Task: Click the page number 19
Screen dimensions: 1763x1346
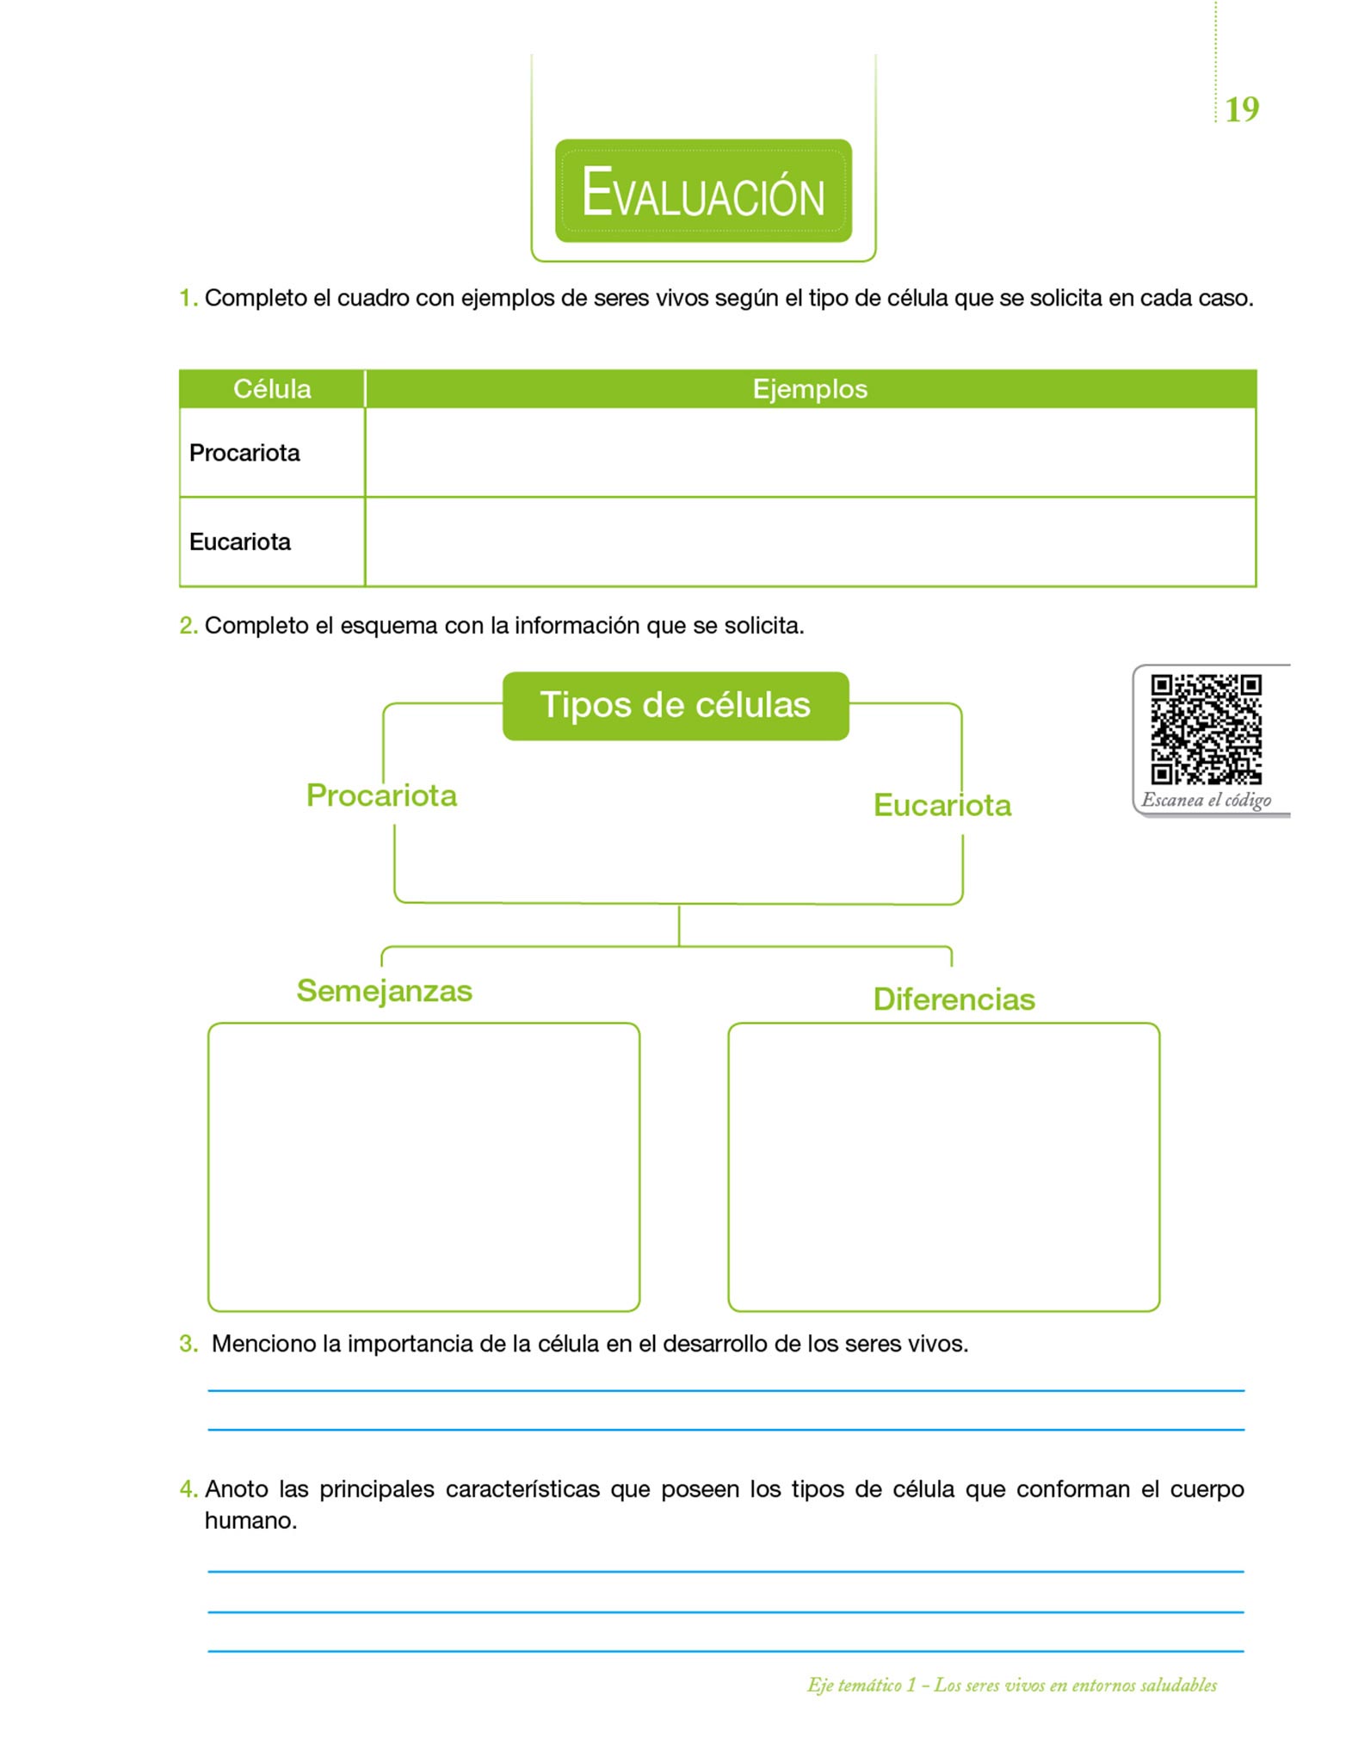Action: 1241,109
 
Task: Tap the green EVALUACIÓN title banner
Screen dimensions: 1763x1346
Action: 703,191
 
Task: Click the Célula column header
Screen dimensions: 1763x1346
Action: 272,389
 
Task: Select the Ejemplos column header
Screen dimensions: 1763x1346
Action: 810,389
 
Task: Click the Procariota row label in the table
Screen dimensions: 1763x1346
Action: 244,453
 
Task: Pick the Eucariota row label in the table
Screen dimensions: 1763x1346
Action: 240,541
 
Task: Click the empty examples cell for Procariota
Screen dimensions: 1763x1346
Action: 810,453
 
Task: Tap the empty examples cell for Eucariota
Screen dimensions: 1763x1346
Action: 810,542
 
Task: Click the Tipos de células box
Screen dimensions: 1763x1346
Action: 676,705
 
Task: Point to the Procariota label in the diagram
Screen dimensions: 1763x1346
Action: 381,795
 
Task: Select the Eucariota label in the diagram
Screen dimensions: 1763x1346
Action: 942,805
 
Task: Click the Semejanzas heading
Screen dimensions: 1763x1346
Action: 384,991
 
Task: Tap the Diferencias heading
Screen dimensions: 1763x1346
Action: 954,999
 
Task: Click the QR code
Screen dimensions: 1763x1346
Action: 1207,729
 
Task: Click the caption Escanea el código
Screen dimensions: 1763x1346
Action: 1206,800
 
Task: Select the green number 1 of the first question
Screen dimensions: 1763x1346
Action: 187,299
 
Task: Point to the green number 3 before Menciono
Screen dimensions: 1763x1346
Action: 188,1344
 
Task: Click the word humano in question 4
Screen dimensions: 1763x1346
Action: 250,1521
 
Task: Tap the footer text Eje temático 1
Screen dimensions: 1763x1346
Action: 861,1685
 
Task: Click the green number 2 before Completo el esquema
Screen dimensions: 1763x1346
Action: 188,626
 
